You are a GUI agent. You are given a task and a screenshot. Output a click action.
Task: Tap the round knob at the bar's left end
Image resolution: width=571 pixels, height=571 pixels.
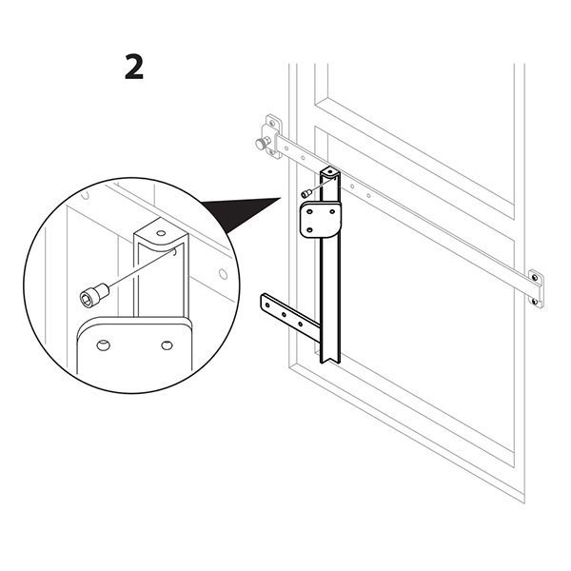[x=260, y=145]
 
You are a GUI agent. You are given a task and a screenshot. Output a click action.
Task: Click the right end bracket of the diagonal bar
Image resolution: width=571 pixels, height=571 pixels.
[x=536, y=288]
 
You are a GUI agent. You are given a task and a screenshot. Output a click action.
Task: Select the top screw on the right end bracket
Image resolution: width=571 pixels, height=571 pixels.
[x=535, y=279]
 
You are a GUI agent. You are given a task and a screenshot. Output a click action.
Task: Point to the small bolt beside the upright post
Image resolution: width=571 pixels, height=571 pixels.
[x=305, y=193]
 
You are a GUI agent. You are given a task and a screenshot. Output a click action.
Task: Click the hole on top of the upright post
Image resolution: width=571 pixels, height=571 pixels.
[x=329, y=173]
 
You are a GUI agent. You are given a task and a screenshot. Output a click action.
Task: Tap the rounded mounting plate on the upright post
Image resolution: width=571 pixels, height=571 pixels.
[x=322, y=220]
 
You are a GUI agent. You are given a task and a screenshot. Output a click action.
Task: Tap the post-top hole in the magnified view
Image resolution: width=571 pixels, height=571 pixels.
[x=158, y=232]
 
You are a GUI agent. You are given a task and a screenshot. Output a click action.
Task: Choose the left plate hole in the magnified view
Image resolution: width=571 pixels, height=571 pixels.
[x=104, y=344]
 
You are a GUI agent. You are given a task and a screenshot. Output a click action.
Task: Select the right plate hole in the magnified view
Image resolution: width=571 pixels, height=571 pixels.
[x=167, y=345]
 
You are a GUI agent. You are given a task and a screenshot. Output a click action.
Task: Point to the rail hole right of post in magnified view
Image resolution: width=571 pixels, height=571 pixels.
[x=223, y=275]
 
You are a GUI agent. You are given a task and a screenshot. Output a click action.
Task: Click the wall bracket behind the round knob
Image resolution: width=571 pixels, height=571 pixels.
[x=273, y=136]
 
